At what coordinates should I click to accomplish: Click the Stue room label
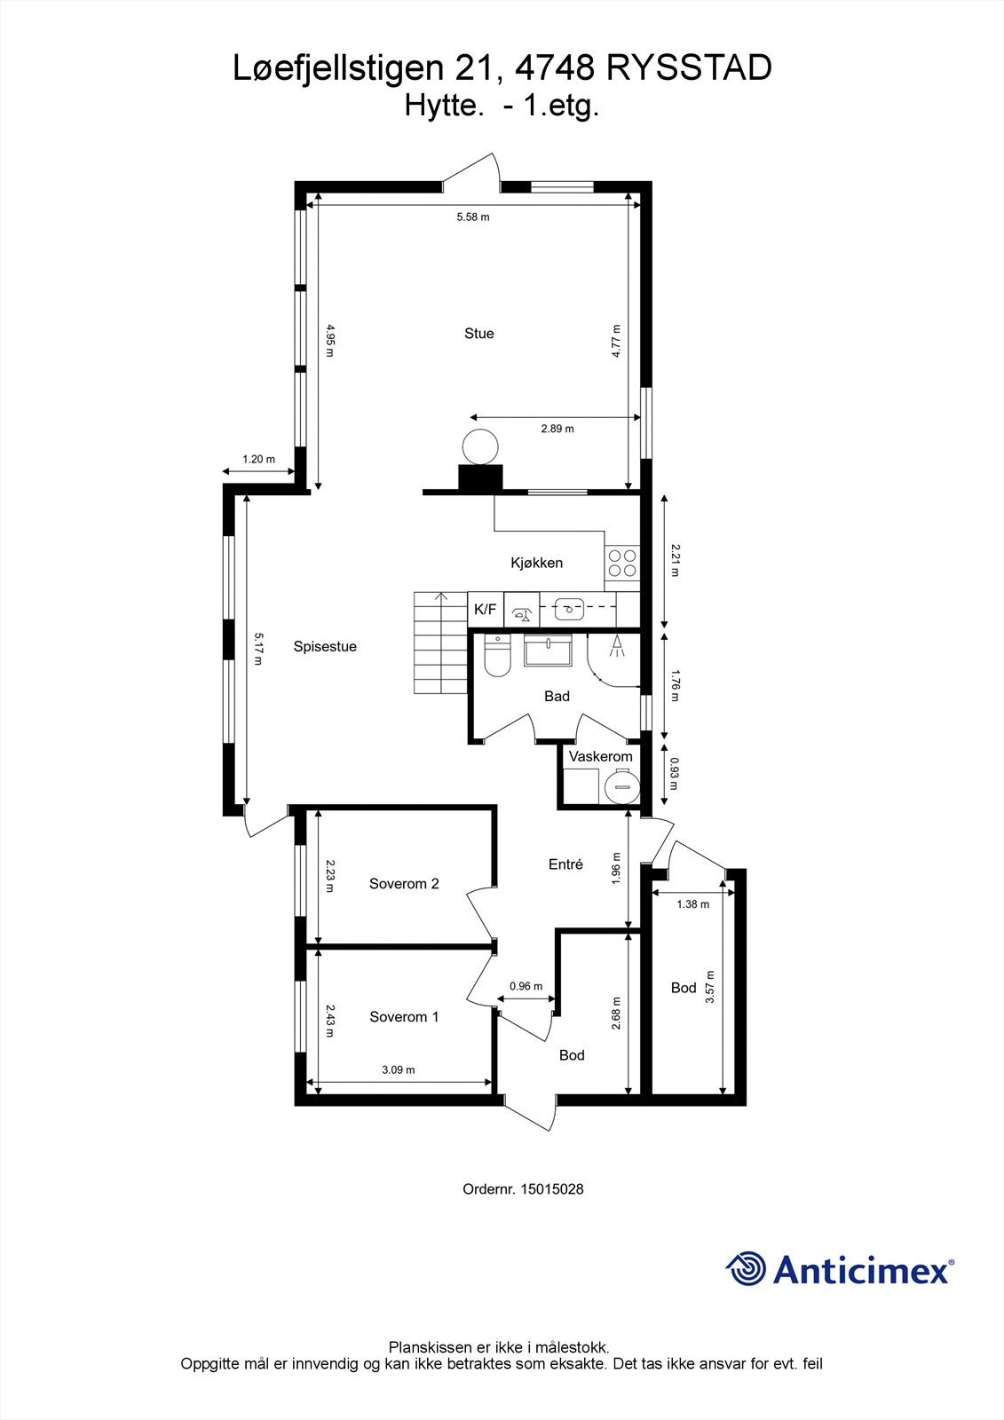click(478, 334)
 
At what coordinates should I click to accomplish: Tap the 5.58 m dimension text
click(473, 217)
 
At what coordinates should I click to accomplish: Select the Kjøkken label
click(536, 563)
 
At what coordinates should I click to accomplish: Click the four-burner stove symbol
click(621, 563)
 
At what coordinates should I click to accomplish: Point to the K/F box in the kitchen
click(486, 610)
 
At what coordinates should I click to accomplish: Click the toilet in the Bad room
click(497, 658)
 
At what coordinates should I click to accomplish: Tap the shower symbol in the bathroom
click(615, 647)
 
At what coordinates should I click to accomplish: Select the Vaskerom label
click(601, 757)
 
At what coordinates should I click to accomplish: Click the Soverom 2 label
click(404, 884)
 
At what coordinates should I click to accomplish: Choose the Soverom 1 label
click(404, 1017)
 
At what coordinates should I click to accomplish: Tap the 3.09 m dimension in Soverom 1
click(399, 1070)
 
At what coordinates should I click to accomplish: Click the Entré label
click(565, 864)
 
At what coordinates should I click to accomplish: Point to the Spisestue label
click(325, 647)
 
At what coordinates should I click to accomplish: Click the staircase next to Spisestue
click(440, 644)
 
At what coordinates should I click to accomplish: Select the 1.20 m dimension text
click(258, 460)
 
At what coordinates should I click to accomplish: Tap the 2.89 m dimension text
click(557, 429)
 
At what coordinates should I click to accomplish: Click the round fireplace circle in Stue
click(480, 446)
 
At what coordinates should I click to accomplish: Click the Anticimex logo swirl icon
click(746, 1268)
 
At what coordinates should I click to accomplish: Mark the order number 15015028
click(551, 1188)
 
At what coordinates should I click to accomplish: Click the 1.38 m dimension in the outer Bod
click(692, 904)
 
